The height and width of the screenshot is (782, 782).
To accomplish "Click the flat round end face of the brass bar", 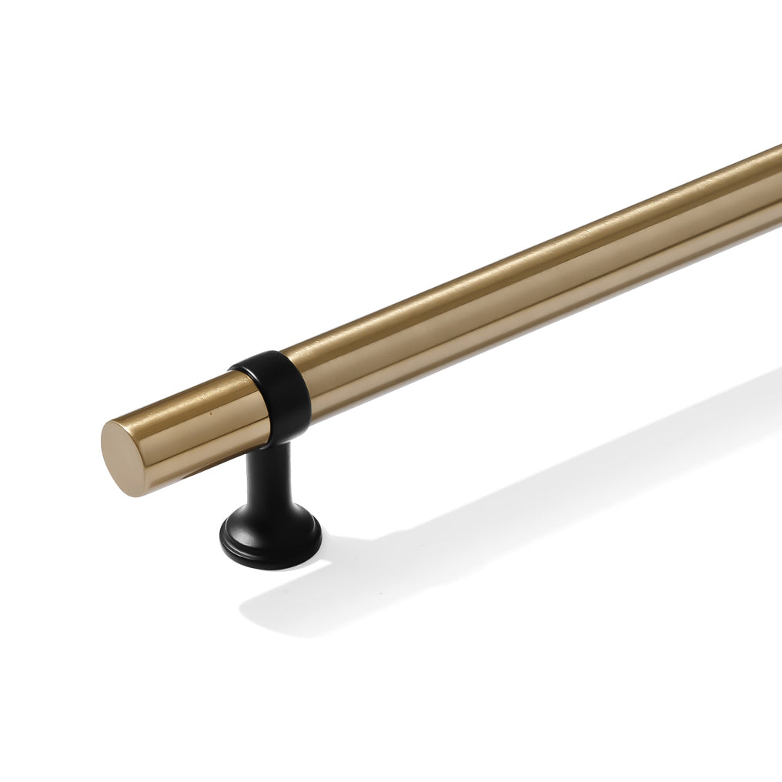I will point(121,458).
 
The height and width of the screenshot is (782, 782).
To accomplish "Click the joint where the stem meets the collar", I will point(274,444).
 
